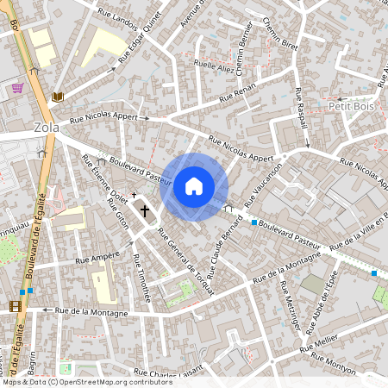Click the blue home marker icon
click(194, 185)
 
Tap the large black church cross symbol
click(145, 210)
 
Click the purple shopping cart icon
click(16, 87)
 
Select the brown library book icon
click(57, 97)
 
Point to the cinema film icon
click(15, 305)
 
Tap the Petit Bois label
click(349, 105)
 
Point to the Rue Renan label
click(239, 95)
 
